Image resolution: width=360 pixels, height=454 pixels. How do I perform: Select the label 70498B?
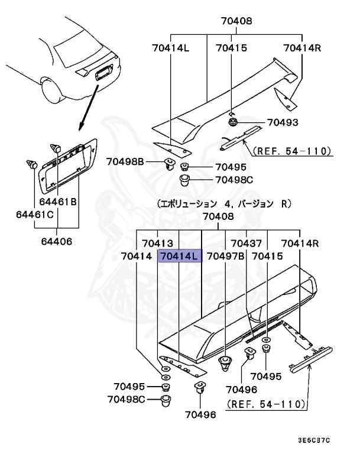[125, 160]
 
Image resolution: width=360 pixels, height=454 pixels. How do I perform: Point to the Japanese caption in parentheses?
[224, 204]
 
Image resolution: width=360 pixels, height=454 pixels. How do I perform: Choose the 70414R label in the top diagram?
[301, 48]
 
